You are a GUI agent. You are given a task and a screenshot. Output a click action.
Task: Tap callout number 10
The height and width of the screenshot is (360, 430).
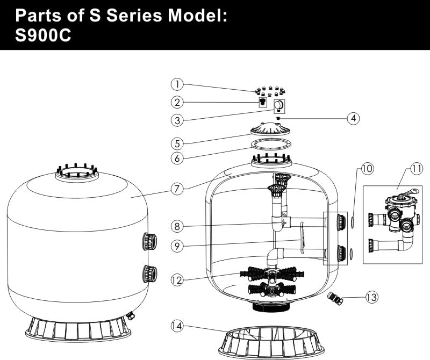tap(367, 169)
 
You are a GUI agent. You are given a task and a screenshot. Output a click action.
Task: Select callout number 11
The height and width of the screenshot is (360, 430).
tap(417, 169)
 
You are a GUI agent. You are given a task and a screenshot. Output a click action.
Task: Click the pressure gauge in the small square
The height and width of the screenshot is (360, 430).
tap(279, 105)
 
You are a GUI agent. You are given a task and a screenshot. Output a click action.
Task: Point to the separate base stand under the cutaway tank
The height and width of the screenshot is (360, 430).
tap(272, 339)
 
